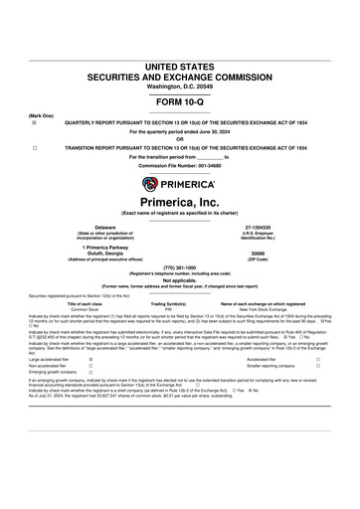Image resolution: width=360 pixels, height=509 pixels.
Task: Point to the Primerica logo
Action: [x=179, y=182]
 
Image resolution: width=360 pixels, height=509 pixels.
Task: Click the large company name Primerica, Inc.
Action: [x=179, y=202]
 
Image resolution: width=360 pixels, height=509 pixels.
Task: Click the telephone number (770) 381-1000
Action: [x=179, y=268]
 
